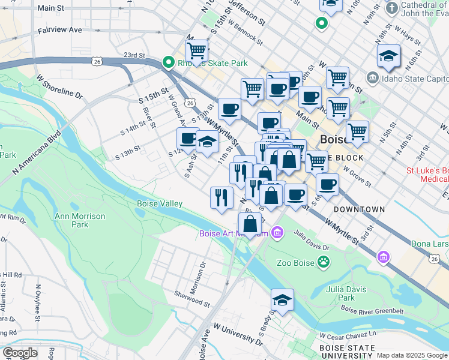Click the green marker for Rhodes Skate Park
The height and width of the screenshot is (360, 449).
pyautogui.click(x=169, y=62)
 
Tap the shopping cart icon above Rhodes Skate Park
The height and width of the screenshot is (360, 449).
pyautogui.click(x=196, y=51)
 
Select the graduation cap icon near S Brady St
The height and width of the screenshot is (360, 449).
pyautogui.click(x=282, y=299)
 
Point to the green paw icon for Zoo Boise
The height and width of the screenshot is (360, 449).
pyautogui.click(x=324, y=262)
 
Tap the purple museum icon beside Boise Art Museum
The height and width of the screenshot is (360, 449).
pyautogui.click(x=277, y=232)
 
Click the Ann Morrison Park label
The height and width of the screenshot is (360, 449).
pyautogui.click(x=80, y=220)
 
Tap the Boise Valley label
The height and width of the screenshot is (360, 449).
pyautogui.click(x=159, y=203)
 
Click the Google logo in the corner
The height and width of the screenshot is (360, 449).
pyautogui.click(x=20, y=353)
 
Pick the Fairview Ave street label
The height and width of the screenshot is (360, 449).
pyautogui.click(x=59, y=29)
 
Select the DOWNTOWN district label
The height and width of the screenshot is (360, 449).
pyautogui.click(x=359, y=209)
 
